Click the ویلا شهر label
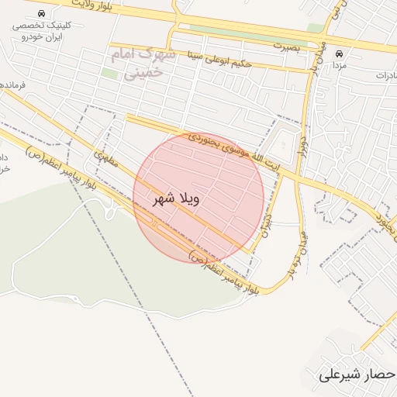(178, 198)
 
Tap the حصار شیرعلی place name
(357, 375)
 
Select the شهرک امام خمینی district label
(144, 64)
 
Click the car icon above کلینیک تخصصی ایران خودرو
(40, 14)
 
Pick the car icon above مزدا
(339, 54)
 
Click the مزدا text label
(339, 67)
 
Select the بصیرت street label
(286, 47)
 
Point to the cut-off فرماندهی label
(12, 84)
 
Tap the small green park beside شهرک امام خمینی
(110, 74)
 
